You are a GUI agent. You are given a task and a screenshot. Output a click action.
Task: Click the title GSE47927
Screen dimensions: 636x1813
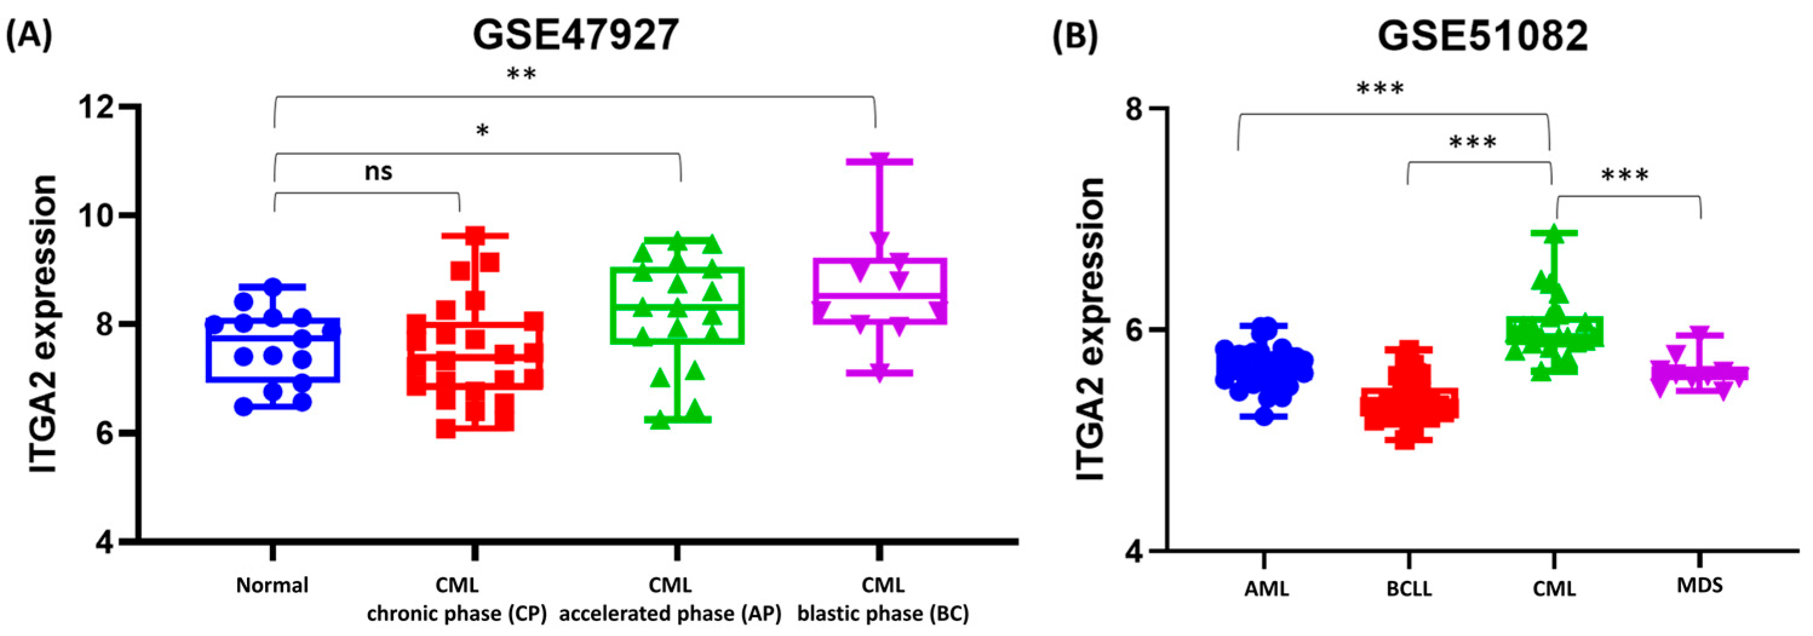point(575,34)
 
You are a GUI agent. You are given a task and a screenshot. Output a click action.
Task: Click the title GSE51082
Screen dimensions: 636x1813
point(1482,36)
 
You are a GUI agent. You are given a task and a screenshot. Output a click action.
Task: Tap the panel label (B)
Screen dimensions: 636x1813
point(1074,36)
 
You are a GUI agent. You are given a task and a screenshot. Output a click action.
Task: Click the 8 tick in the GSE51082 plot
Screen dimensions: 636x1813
point(1134,109)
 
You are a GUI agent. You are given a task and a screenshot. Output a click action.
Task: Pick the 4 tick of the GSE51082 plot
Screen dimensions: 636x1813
point(1134,551)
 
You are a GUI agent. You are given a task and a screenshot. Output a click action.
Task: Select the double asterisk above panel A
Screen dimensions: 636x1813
point(522,74)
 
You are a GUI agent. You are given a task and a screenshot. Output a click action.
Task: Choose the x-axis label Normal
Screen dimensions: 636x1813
point(272,585)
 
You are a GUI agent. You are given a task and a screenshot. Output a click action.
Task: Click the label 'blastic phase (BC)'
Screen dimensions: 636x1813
point(883,614)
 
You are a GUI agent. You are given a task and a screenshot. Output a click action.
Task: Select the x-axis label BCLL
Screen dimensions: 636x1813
point(1409,588)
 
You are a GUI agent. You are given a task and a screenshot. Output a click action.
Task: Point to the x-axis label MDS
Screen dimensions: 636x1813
point(1699,585)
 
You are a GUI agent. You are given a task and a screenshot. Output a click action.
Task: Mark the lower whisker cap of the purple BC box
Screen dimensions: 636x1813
point(879,373)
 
